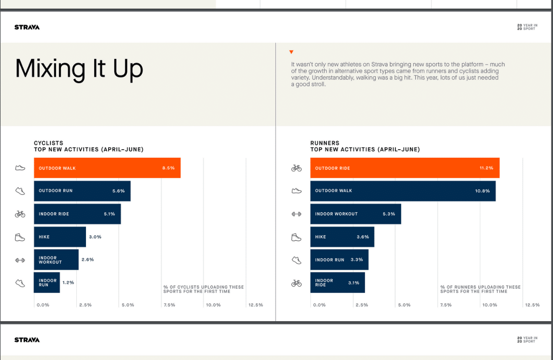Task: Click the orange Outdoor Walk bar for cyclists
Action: pyautogui.click(x=107, y=168)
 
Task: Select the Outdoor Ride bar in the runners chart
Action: pyautogui.click(x=404, y=168)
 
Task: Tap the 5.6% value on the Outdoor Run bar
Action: pyautogui.click(x=119, y=191)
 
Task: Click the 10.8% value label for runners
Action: pyautogui.click(x=482, y=191)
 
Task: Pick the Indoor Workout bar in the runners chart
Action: pyautogui.click(x=355, y=214)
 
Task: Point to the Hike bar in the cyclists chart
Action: pyautogui.click(x=60, y=237)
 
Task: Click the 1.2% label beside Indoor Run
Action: pyautogui.click(x=68, y=283)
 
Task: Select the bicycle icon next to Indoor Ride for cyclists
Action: pyautogui.click(x=20, y=214)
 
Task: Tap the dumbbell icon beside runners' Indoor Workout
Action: pyautogui.click(x=296, y=214)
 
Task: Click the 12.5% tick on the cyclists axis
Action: pyautogui.click(x=255, y=305)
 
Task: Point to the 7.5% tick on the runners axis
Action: pyautogui.click(x=445, y=305)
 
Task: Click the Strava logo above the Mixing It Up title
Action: pyautogui.click(x=27, y=27)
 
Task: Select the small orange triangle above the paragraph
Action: pyautogui.click(x=291, y=52)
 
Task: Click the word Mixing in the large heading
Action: pyautogui.click(x=51, y=68)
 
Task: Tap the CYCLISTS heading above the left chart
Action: pyautogui.click(x=48, y=143)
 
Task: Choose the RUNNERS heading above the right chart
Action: pyautogui.click(x=325, y=143)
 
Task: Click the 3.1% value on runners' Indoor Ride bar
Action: pyautogui.click(x=353, y=283)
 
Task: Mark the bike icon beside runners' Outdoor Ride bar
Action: pyautogui.click(x=296, y=168)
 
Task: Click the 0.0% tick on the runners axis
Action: pyautogui.click(x=319, y=305)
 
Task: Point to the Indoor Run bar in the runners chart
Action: pyautogui.click(x=339, y=260)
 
